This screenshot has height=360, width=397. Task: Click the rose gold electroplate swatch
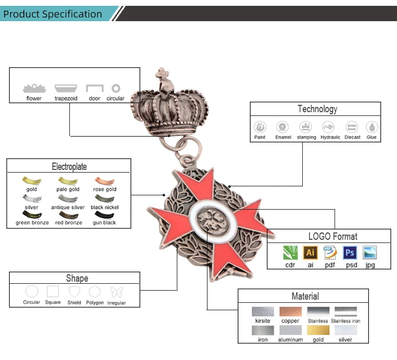coord(105,181)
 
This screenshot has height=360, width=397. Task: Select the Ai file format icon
coord(310,253)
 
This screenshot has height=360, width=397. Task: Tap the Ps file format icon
coord(350,253)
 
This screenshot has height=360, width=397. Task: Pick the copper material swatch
coord(290,312)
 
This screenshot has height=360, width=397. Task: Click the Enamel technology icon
coord(283,127)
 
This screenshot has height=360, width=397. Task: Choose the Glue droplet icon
coord(372,127)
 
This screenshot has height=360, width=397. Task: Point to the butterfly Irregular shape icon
coord(116,292)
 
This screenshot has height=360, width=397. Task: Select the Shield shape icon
coord(74,292)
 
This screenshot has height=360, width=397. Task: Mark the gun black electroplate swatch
coord(105,215)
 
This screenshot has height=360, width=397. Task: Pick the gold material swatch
coord(318,330)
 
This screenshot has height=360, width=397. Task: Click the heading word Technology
coord(317,109)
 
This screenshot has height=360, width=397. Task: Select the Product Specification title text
coord(52,14)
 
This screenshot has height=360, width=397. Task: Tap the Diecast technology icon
coord(352,127)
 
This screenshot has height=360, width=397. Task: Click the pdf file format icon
coord(330,253)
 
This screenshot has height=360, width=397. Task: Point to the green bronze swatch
coord(32,215)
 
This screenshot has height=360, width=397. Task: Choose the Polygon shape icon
coord(95,292)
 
